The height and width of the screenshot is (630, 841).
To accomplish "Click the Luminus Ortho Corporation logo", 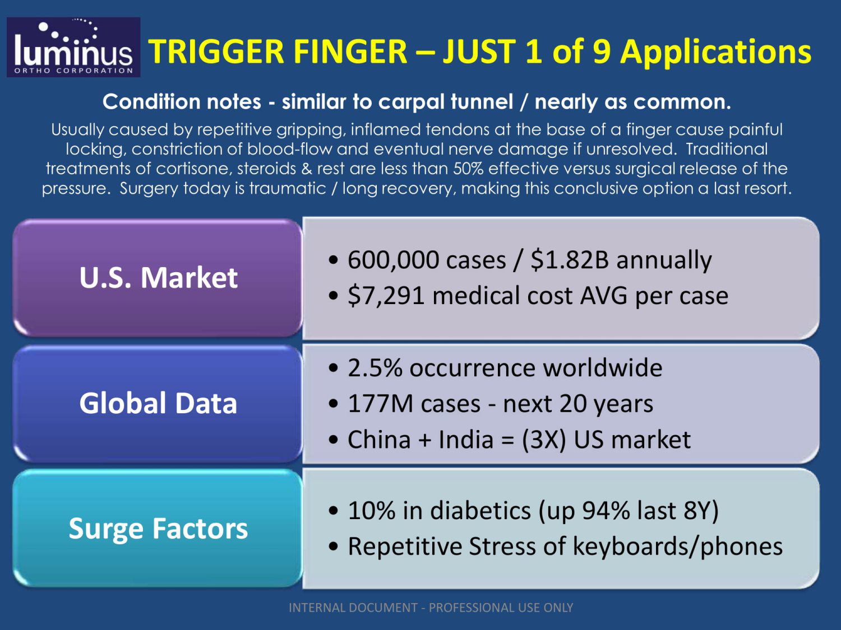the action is tap(73, 47).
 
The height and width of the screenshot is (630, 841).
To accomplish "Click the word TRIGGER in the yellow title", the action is tap(216, 52).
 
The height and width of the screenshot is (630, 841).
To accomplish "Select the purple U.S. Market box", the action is tap(158, 278).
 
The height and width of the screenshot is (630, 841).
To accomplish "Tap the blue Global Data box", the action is tap(158, 404).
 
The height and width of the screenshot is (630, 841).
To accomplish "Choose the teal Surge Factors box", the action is tap(158, 528).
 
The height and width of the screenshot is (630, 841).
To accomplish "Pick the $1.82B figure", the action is tap(570, 259).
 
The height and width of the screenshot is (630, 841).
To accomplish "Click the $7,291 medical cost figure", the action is tap(386, 296).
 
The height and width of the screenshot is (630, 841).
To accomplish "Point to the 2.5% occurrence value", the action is tap(375, 367).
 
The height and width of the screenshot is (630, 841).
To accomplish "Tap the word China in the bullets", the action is tap(380, 439).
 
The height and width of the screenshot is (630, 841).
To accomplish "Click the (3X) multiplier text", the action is tap(544, 440).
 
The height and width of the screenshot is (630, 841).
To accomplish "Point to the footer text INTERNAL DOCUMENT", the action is tap(353, 608).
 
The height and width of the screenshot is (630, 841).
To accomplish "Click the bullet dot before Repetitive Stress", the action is tap(334, 547).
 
